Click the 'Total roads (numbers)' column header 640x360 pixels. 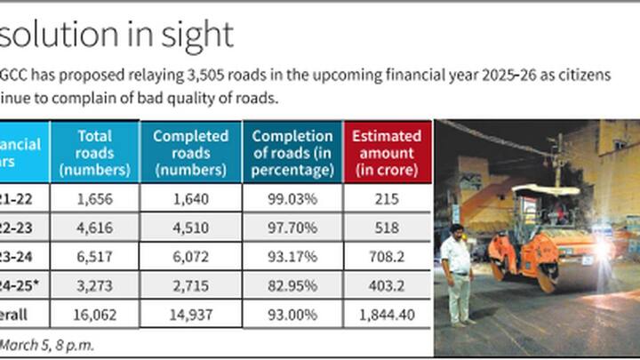[94, 152]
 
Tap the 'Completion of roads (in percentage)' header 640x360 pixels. [292, 152]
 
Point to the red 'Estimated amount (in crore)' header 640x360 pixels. [387, 152]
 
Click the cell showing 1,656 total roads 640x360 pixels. [94, 200]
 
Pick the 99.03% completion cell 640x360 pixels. [292, 200]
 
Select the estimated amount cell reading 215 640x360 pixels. [387, 200]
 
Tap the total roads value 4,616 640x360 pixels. [94, 228]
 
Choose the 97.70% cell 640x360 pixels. [292, 228]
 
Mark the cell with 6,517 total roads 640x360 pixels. [94, 257]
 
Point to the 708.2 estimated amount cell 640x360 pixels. [387, 257]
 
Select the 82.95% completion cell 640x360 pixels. [292, 285]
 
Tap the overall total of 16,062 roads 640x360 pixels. [94, 313]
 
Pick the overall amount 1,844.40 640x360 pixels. [387, 313]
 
